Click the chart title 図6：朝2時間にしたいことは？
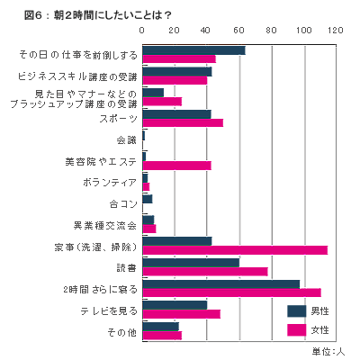click(x=97, y=15)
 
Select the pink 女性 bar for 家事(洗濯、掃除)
click(x=235, y=250)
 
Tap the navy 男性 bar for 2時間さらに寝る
click(x=221, y=284)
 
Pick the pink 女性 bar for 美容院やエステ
click(x=176, y=166)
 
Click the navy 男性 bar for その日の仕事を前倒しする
click(x=193, y=50)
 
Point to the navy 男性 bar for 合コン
click(x=148, y=199)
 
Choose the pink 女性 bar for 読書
click(x=205, y=272)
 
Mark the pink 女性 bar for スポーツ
click(x=183, y=123)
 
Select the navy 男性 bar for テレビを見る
click(x=175, y=305)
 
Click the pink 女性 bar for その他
click(x=162, y=336)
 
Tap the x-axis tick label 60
click(x=239, y=31)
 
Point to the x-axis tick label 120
click(x=336, y=31)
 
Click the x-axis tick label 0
click(x=142, y=31)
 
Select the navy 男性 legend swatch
click(x=297, y=311)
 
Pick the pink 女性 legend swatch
click(x=297, y=330)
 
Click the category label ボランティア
click(x=110, y=183)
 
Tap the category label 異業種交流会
click(x=105, y=225)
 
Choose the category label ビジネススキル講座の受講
click(x=77, y=76)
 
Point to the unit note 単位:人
click(x=328, y=351)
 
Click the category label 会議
click(x=127, y=140)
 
